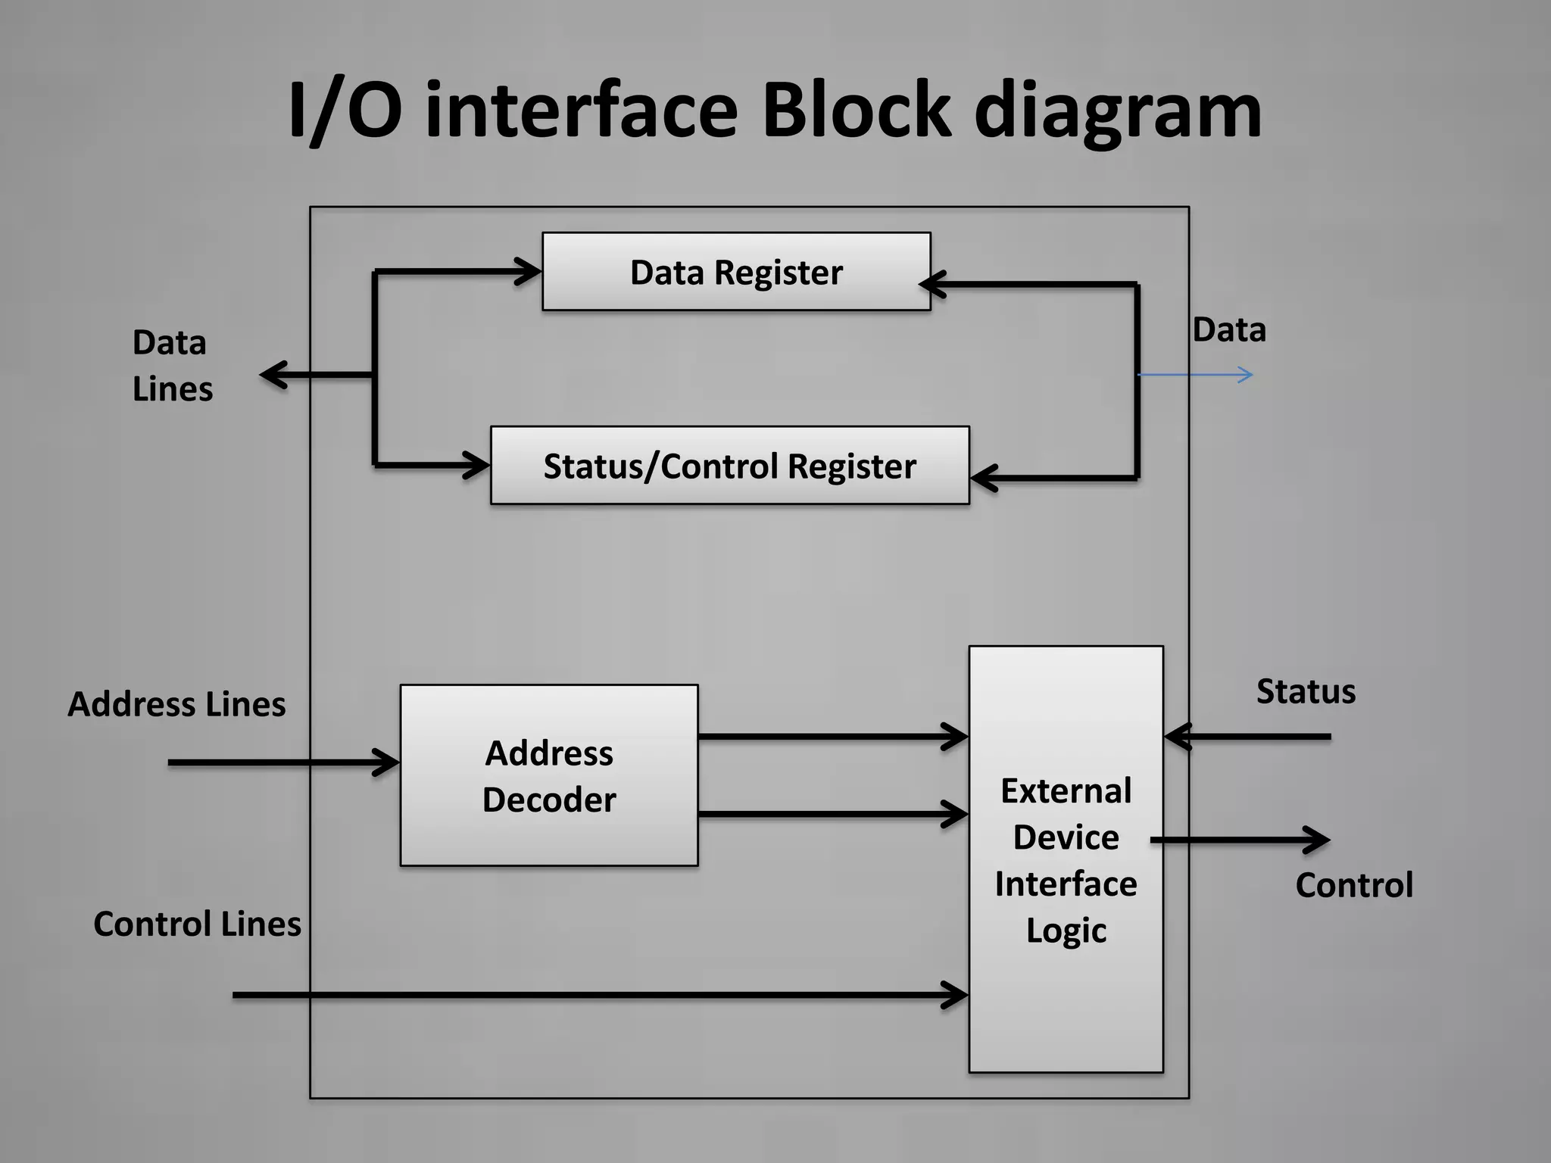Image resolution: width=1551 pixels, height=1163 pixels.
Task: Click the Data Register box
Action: pos(736,272)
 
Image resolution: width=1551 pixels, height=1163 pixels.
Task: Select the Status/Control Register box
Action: pos(729,466)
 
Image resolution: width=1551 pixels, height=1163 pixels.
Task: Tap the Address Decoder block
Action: pos(549,775)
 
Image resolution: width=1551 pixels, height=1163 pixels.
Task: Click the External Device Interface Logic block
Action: pos(1066,859)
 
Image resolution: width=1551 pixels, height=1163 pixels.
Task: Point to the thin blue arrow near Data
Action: pos(1197,375)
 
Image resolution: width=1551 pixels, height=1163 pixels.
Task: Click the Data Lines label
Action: pos(172,366)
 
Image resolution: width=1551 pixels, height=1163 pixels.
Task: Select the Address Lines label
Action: pos(176,704)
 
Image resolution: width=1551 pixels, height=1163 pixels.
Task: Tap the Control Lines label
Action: pos(197,924)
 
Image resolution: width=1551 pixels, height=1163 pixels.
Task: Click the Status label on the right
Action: pos(1306,691)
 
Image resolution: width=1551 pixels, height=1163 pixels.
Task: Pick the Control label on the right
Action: pos(1354,885)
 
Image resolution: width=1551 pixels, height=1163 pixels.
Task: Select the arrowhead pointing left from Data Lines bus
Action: pos(273,375)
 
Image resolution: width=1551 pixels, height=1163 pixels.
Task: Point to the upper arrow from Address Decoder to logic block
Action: pos(833,736)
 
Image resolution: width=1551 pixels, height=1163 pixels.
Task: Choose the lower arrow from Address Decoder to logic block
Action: pos(833,815)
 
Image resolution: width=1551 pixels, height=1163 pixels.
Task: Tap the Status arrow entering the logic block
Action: pos(1250,736)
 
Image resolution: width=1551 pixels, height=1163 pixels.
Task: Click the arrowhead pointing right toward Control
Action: pos(1316,840)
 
